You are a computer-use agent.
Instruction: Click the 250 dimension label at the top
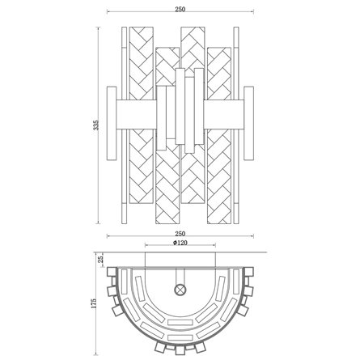click(x=180, y=9)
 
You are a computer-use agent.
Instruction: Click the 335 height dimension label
click(x=95, y=125)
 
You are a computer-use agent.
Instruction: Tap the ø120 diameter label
click(x=180, y=243)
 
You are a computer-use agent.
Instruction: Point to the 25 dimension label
click(x=100, y=260)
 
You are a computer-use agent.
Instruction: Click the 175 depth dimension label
click(x=94, y=304)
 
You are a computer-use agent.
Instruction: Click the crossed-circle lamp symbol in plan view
click(x=180, y=290)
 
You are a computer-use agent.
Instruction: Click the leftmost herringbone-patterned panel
click(x=142, y=115)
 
